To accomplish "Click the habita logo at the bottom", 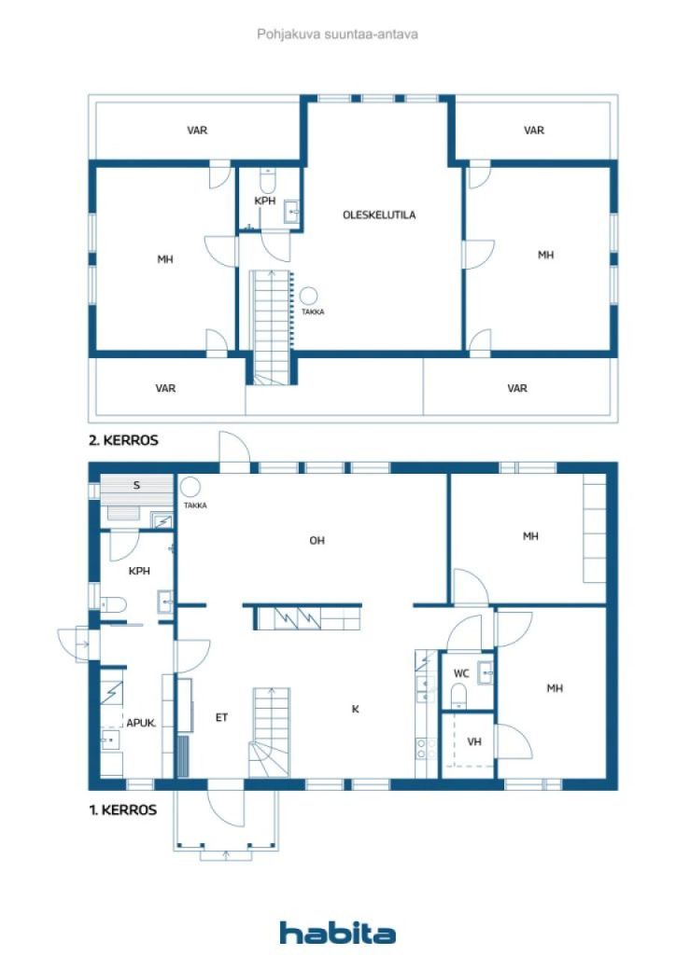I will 337,932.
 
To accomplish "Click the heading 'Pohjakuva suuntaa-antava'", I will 337,35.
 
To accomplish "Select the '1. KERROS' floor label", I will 122,810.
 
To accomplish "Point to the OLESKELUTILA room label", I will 379,215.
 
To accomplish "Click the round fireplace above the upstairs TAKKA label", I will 308,297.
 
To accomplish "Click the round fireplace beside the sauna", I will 191,487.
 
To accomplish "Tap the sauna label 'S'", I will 136,485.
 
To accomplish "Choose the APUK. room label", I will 141,722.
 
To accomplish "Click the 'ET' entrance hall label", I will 221,717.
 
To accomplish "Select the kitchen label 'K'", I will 355,709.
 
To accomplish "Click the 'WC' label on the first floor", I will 461,672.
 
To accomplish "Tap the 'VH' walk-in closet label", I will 474,742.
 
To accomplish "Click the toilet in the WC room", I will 458,695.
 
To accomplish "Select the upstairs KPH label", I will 264,201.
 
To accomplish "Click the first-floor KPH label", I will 140,571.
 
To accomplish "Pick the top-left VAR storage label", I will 197,131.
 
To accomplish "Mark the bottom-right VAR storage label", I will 517,388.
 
